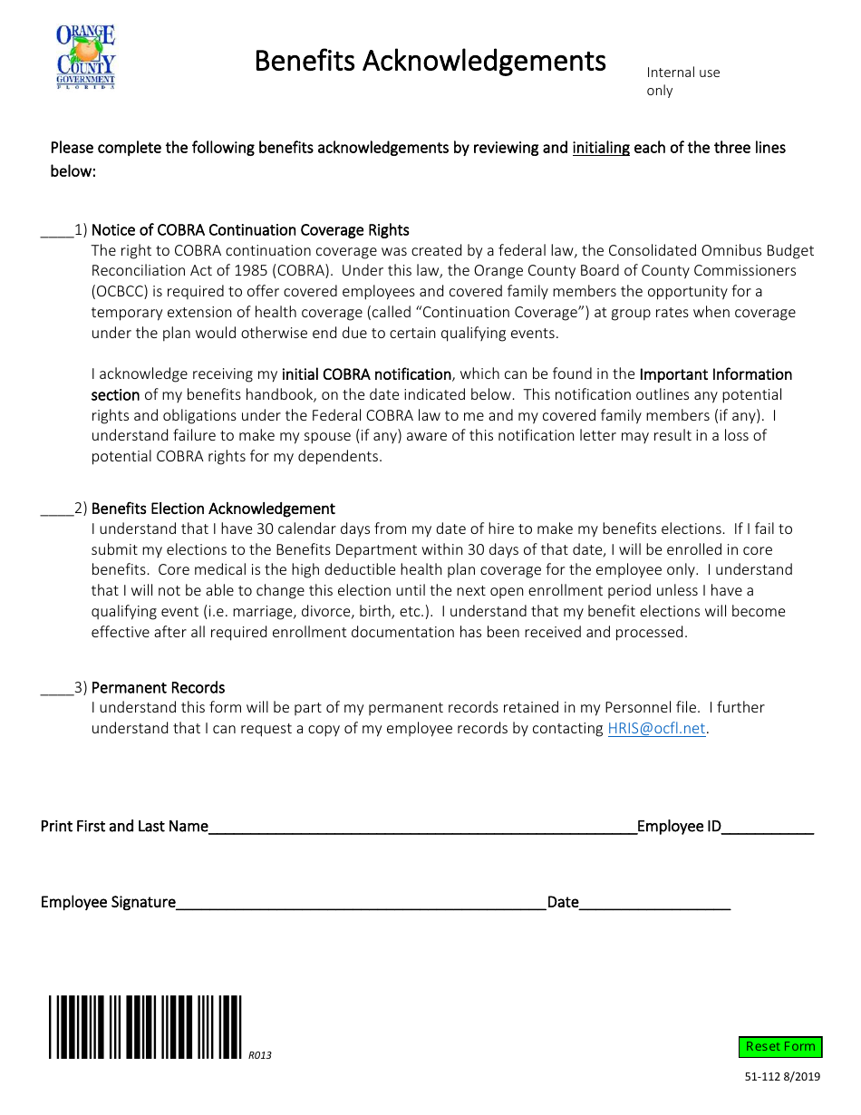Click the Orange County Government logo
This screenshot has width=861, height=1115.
click(x=86, y=56)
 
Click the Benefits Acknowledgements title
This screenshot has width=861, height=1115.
click(x=430, y=61)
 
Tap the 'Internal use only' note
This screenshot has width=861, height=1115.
click(x=682, y=81)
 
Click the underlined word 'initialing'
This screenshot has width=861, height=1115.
click(x=600, y=148)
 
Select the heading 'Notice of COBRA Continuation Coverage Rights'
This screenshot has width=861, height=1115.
click(x=250, y=230)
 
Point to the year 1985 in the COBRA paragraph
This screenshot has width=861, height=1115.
click(x=288, y=271)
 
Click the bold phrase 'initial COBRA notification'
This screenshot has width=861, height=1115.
click(x=366, y=374)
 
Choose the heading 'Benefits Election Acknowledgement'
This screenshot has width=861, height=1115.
click(x=213, y=509)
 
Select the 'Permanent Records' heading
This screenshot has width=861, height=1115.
click(x=158, y=688)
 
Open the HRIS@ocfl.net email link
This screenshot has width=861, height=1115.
click(x=656, y=729)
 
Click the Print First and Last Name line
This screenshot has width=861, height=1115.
click(x=421, y=827)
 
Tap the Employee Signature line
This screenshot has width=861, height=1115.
click(x=361, y=903)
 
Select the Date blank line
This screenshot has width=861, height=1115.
click(x=653, y=903)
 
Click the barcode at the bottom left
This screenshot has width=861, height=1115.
click(x=145, y=1027)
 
